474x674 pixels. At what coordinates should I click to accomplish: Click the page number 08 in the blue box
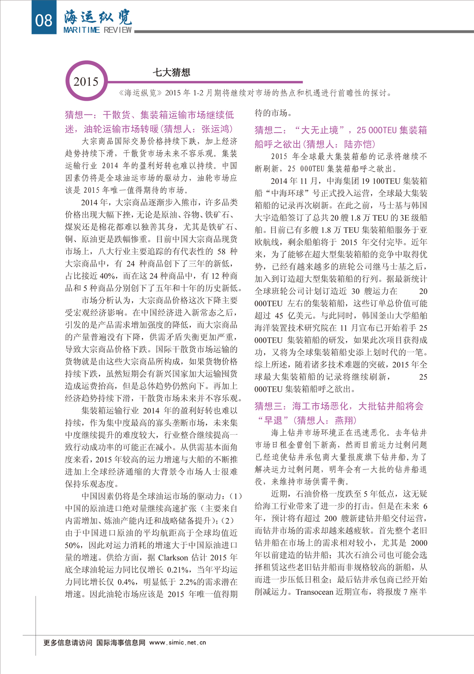pyautogui.click(x=43, y=20)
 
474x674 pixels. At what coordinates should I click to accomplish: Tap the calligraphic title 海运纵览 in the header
pyautogui.click(x=98, y=17)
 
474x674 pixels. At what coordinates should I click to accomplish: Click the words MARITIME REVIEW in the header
pyautogui.click(x=98, y=30)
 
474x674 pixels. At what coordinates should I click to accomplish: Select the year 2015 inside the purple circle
pyautogui.click(x=86, y=82)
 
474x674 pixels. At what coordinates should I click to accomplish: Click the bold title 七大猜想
pyautogui.click(x=172, y=72)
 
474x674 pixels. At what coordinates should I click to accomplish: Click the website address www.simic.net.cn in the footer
pyautogui.click(x=178, y=642)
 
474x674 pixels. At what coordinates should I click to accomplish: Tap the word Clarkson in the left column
pyautogui.click(x=173, y=558)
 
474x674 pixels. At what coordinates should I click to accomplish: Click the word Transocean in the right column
pyautogui.click(x=314, y=591)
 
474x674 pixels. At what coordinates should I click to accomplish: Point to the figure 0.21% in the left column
pyautogui.click(x=178, y=570)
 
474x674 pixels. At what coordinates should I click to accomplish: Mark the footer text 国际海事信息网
pyautogui.click(x=121, y=642)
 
